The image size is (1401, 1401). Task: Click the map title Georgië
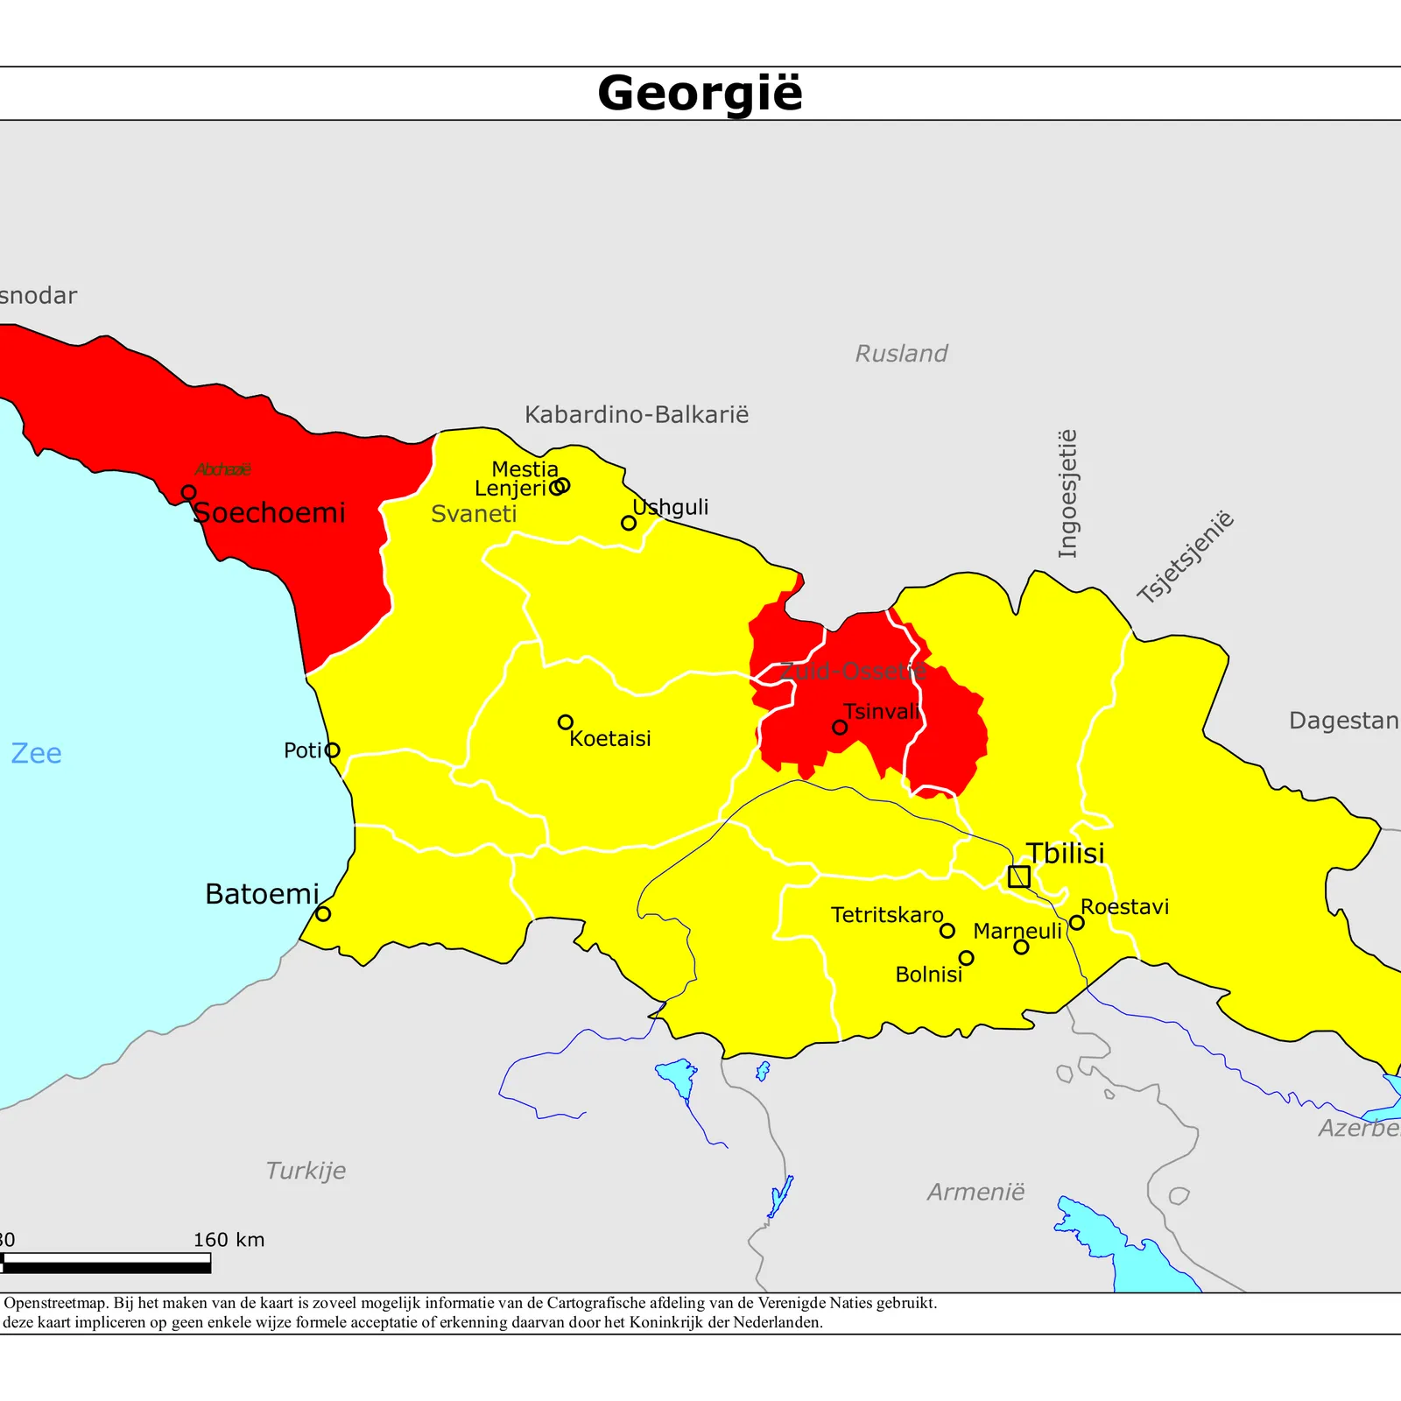click(x=700, y=93)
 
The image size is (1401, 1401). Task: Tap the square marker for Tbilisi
click(x=1018, y=876)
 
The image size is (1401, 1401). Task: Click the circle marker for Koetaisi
click(x=566, y=722)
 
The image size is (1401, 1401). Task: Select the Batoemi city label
click(x=262, y=894)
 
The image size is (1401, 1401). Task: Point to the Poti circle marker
click(x=332, y=750)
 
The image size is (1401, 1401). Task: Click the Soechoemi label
click(x=269, y=512)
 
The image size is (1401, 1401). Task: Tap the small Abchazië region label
click(x=222, y=469)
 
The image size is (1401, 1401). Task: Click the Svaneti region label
click(x=474, y=514)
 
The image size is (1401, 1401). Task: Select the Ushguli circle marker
click(x=629, y=523)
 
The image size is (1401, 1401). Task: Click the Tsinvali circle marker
click(x=840, y=727)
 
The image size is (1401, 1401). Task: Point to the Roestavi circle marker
click(x=1077, y=922)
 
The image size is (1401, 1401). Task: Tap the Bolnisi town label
click(x=928, y=975)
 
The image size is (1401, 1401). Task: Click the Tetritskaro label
click(x=887, y=915)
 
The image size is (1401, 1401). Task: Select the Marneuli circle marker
click(x=1021, y=947)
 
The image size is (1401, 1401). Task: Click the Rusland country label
click(x=901, y=354)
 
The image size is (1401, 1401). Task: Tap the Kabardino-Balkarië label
click(x=637, y=414)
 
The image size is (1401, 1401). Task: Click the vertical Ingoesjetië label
click(x=1068, y=494)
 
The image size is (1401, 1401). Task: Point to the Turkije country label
click(x=306, y=1171)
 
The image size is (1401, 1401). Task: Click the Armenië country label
click(x=975, y=1193)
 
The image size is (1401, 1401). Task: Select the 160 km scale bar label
click(x=229, y=1240)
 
